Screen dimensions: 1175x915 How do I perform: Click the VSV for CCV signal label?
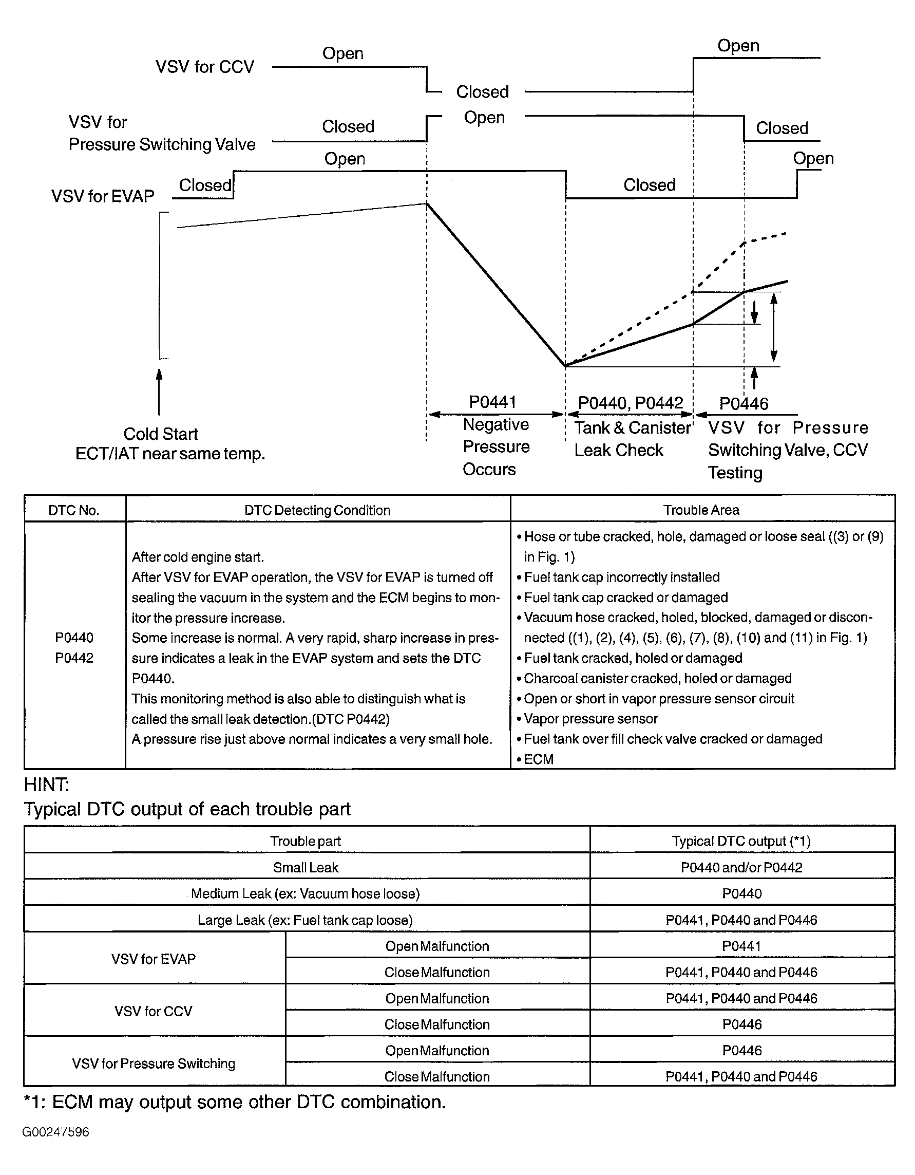[x=204, y=67]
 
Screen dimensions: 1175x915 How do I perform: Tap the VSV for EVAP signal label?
[x=103, y=196]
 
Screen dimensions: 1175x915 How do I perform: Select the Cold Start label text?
[x=161, y=434]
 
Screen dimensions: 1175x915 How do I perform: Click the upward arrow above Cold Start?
[x=159, y=391]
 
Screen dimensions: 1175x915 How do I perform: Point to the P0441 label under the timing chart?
[x=492, y=402]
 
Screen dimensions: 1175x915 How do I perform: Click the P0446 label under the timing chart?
[x=744, y=403]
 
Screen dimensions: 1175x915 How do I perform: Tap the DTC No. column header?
[x=73, y=510]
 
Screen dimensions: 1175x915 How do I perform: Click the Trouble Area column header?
[x=701, y=510]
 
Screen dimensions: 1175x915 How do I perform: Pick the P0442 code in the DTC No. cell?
[x=74, y=658]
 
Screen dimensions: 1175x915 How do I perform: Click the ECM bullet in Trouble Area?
[x=538, y=759]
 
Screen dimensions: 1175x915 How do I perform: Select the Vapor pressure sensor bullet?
[x=590, y=719]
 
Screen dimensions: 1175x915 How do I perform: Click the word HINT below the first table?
[x=46, y=785]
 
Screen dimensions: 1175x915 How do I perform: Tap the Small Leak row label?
[x=306, y=867]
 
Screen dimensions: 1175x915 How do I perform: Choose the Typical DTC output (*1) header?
[x=741, y=841]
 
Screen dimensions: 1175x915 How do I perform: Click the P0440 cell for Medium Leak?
[x=741, y=893]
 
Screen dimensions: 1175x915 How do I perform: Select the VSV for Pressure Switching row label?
[x=154, y=1063]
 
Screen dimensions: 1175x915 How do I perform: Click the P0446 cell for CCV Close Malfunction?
[x=741, y=1024]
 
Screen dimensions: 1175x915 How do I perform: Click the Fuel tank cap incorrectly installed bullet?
[x=621, y=577]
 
